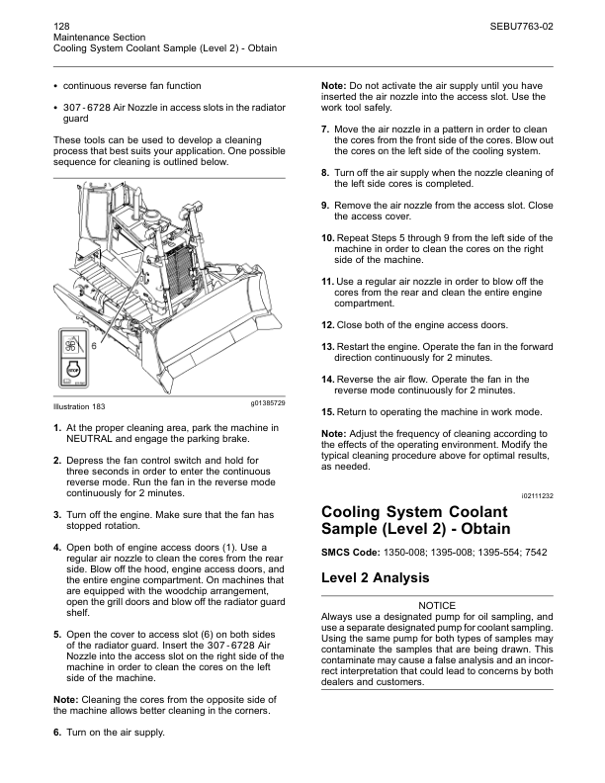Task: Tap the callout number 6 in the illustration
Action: (x=93, y=346)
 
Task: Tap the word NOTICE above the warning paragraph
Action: (x=437, y=605)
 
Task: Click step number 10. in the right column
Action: (x=329, y=238)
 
